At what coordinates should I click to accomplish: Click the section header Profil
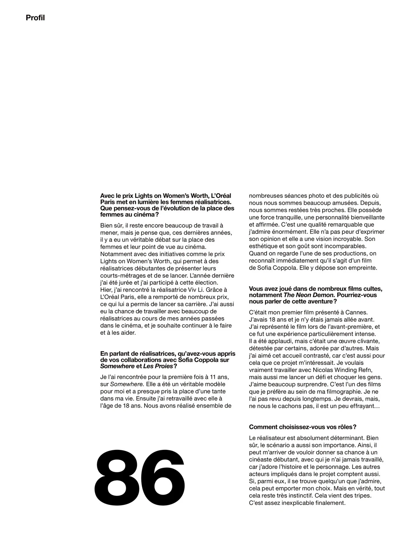[x=35, y=18]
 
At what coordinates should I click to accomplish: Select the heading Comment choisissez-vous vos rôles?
[x=302, y=427]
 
